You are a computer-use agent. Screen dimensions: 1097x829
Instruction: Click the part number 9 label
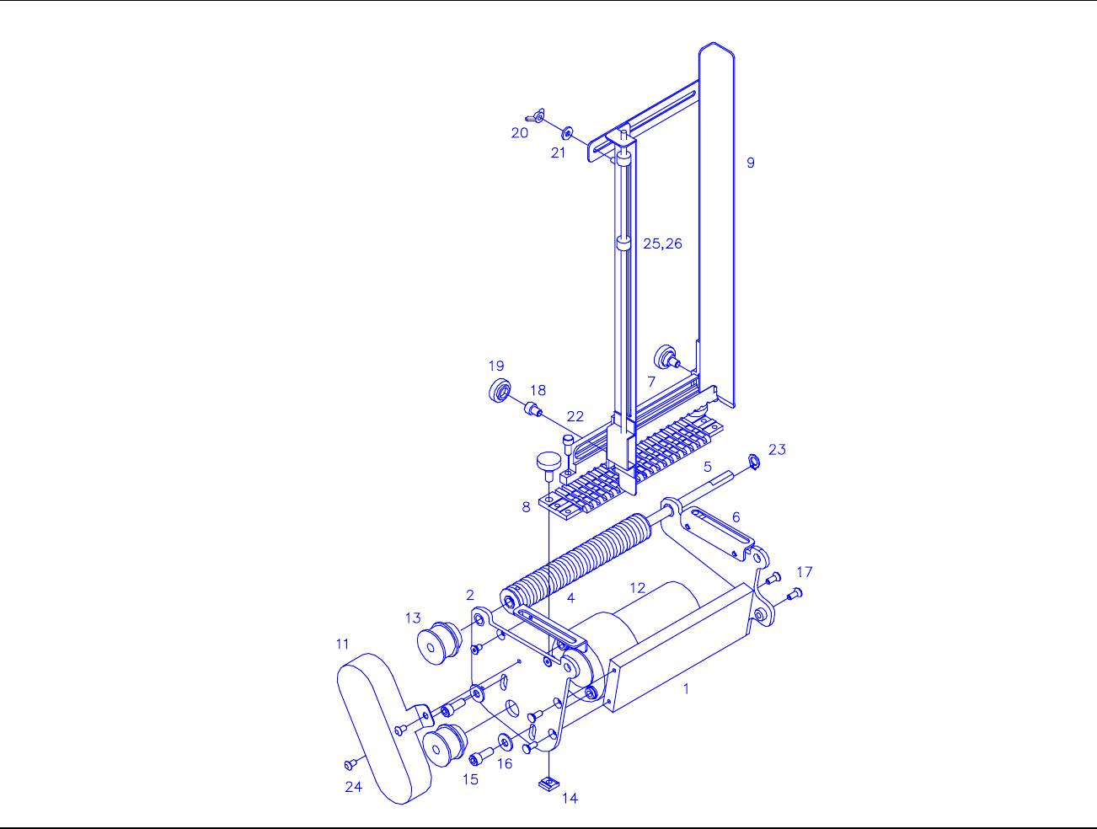[750, 163]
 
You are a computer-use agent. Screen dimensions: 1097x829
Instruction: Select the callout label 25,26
[662, 243]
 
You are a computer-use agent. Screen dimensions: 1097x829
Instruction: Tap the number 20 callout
[519, 133]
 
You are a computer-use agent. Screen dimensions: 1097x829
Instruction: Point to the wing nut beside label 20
[535, 116]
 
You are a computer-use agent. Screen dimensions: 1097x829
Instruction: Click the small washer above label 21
[567, 133]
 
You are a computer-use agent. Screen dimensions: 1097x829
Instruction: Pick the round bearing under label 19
[500, 391]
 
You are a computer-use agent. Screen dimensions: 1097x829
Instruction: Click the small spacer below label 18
[532, 409]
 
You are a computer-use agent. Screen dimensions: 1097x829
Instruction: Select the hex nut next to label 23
[753, 461]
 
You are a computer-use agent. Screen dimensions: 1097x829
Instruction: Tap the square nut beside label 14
[548, 784]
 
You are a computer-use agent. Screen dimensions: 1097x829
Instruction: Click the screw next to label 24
[351, 764]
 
